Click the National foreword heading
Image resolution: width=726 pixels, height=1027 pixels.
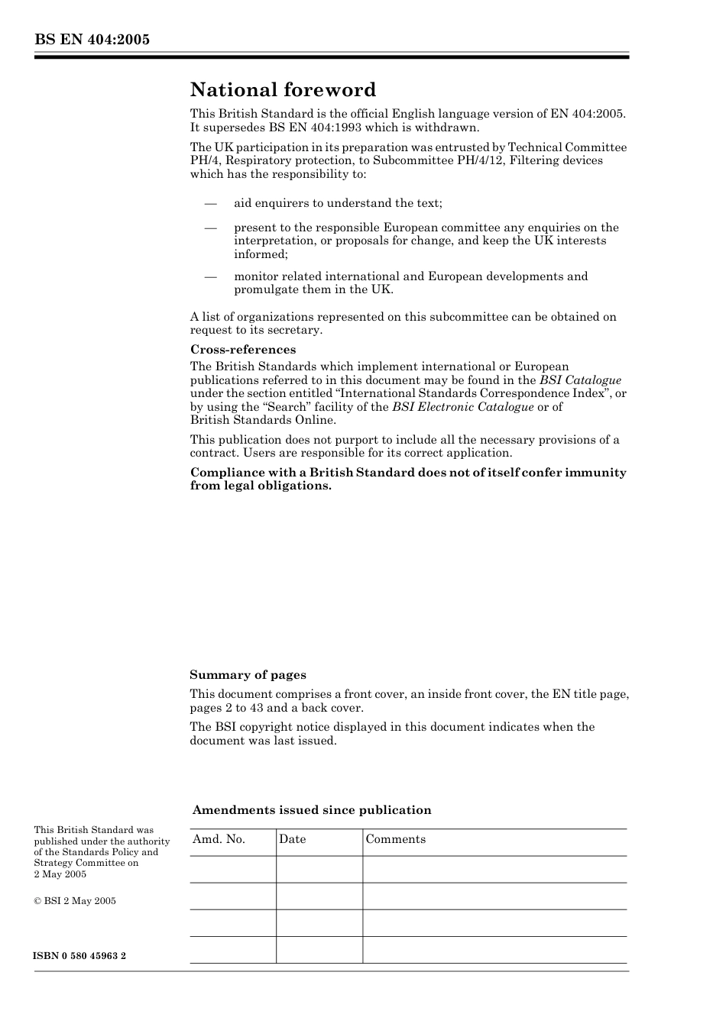click(283, 90)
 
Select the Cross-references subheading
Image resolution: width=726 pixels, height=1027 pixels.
click(243, 350)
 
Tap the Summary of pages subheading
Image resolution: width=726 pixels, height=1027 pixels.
click(248, 675)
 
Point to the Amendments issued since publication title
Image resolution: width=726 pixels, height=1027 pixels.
click(312, 810)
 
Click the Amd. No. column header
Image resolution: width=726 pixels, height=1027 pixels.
click(219, 839)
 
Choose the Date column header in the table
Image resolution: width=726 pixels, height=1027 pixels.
click(292, 839)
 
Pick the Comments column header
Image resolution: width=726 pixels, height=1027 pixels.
click(395, 839)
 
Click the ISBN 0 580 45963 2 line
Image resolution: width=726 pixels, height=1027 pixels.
click(80, 956)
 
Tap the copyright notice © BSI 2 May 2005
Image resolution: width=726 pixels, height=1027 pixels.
click(75, 901)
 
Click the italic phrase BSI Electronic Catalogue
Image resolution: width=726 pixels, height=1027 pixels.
click(462, 407)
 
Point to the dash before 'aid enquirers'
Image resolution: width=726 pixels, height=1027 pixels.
click(209, 203)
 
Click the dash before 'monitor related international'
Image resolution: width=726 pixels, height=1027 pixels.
click(209, 276)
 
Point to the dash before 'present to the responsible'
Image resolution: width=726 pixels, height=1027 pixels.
click(209, 228)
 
